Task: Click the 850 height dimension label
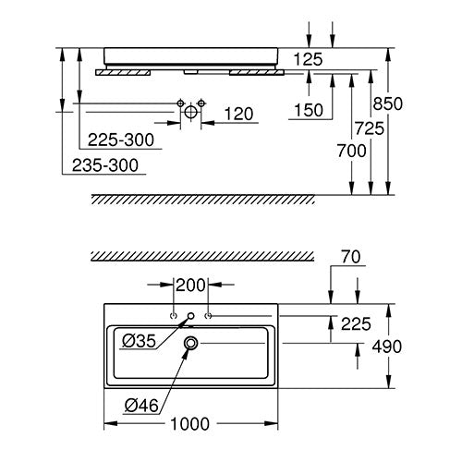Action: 387,103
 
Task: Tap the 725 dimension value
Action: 370,128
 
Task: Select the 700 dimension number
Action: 351,151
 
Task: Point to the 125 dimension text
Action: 308,59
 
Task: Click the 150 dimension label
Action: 309,110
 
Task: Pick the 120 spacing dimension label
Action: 238,114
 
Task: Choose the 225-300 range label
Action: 121,140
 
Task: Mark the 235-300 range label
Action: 105,165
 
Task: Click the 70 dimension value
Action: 350,257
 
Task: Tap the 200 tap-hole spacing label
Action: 190,285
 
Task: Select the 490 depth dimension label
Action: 387,346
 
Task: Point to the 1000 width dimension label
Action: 189,424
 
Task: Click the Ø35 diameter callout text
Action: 140,341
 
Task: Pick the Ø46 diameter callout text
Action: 141,406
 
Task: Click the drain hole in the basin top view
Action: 191,343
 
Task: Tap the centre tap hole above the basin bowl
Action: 191,316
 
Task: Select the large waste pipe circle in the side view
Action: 190,112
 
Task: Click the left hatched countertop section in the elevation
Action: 123,72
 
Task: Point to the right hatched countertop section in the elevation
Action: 257,72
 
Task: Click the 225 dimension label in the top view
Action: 356,324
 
